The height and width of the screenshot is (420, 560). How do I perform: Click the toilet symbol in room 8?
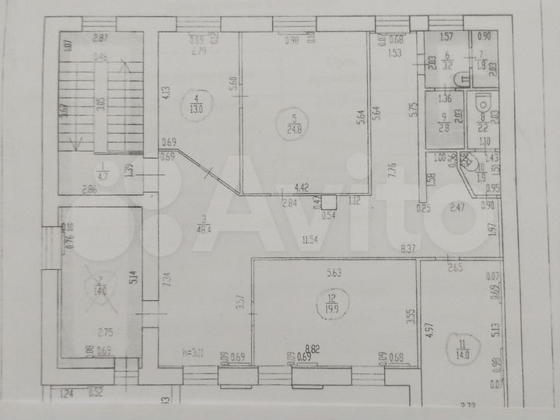[x=482, y=102]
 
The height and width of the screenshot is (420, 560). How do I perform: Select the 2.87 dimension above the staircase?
[x=100, y=38]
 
